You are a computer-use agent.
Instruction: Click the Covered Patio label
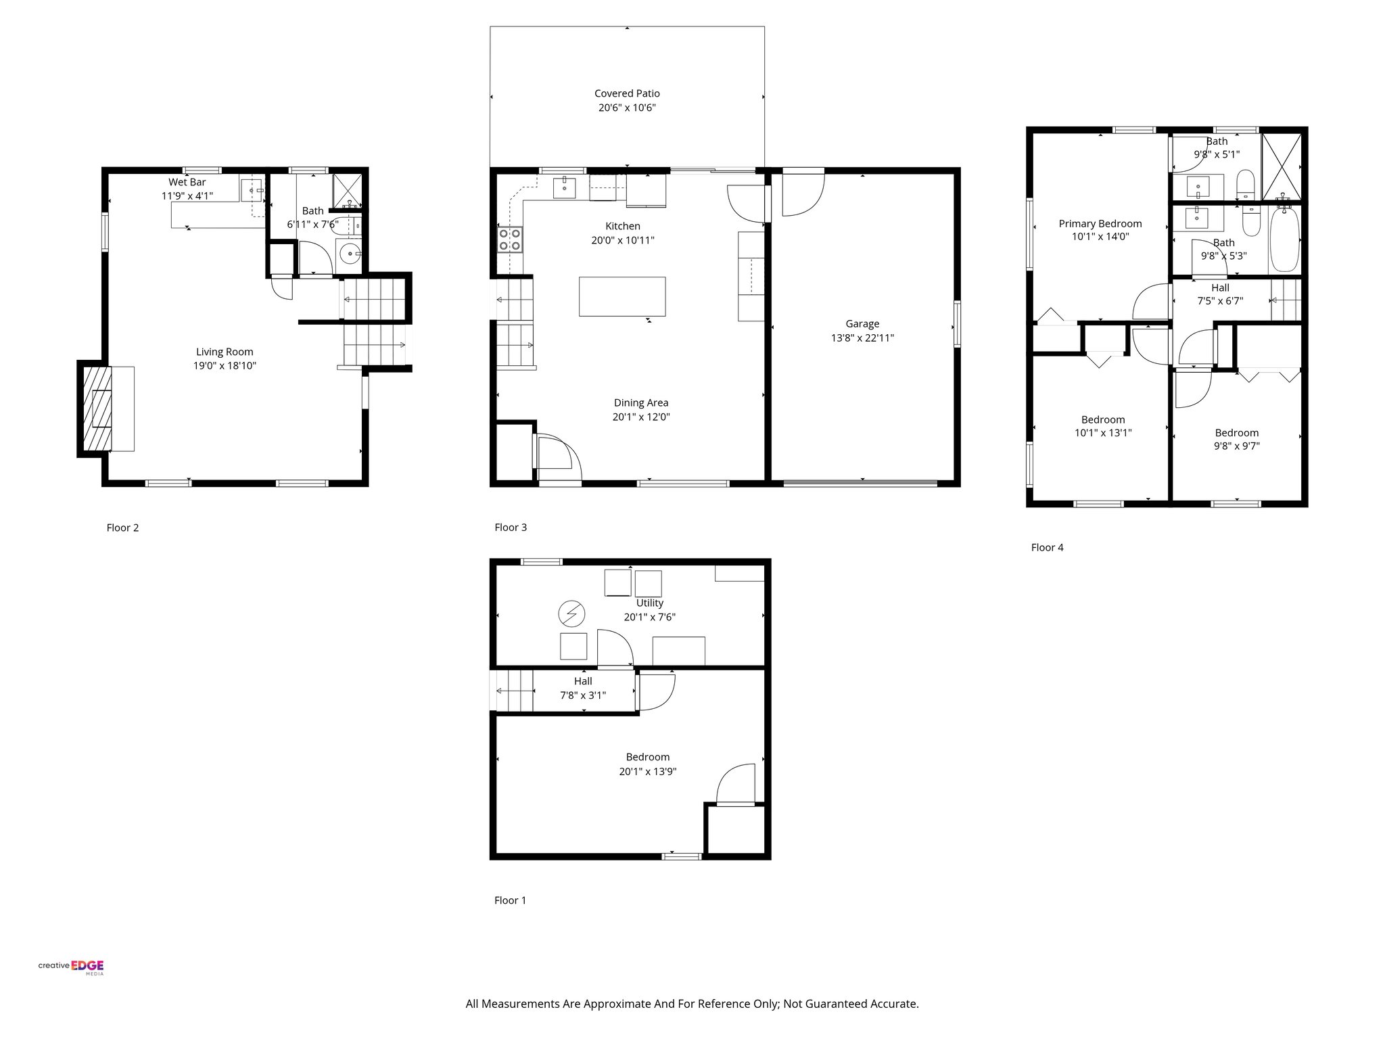[627, 93]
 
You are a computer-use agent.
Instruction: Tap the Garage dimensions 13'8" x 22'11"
[862, 338]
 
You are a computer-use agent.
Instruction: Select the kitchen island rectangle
[621, 296]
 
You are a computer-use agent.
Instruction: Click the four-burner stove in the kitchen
[511, 238]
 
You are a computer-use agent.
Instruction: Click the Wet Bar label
[187, 182]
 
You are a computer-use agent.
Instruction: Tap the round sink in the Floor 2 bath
[350, 254]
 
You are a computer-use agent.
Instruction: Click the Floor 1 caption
[510, 900]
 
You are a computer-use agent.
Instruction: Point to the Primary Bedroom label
[1100, 223]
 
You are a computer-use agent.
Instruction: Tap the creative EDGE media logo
[71, 967]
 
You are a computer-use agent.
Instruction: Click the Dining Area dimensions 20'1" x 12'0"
[641, 417]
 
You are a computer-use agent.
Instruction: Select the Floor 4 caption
[1047, 547]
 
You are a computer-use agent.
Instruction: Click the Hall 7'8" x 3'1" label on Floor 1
[583, 688]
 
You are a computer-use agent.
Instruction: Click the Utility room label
[649, 603]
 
